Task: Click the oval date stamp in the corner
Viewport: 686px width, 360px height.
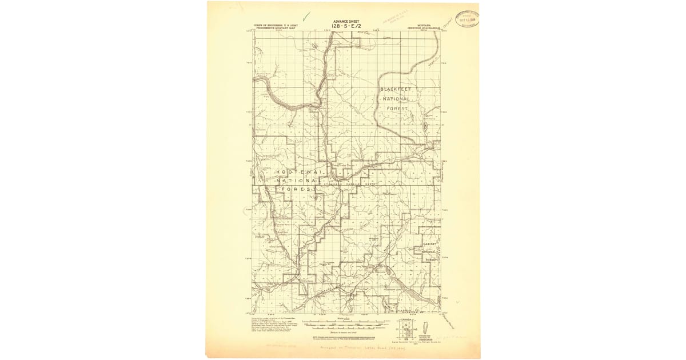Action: coord(466,19)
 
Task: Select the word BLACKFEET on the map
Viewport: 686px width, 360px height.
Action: coord(396,90)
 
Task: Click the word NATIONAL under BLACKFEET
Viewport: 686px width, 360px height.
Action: coord(396,99)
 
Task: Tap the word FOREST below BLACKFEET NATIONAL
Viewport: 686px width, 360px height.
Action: coord(396,108)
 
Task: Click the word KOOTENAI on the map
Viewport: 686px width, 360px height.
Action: coord(299,172)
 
